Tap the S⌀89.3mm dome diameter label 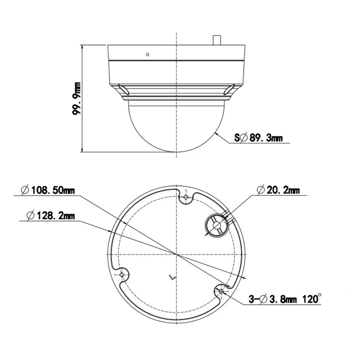[x=258, y=138]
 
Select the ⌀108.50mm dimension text [x=48, y=190]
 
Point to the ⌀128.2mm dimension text [x=50, y=216]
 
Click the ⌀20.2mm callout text [x=278, y=190]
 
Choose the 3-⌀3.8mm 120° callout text [x=285, y=299]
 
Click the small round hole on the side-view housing [x=148, y=54]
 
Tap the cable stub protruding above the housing [x=217, y=40]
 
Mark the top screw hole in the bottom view [x=186, y=197]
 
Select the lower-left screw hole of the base [x=122, y=275]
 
